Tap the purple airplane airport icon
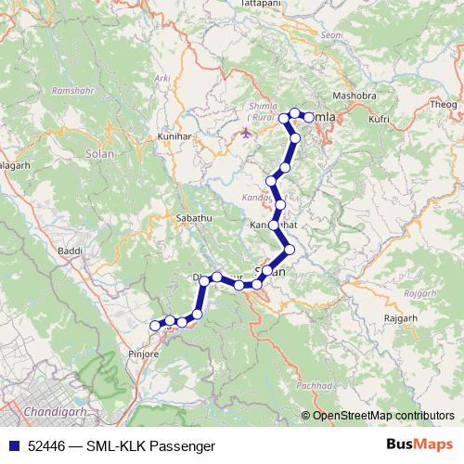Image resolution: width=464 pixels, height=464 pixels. click(245, 132)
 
